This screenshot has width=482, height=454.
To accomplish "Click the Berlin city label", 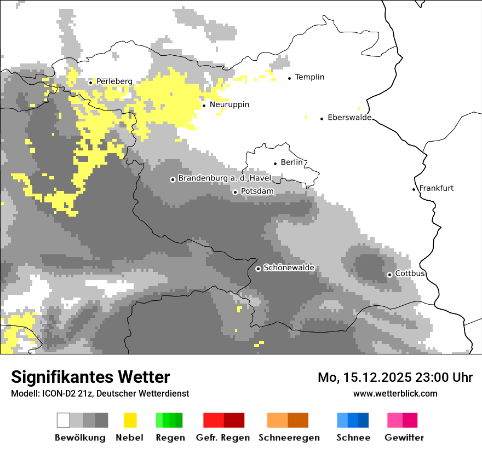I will click(x=291, y=162).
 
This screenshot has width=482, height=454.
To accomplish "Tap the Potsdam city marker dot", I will click(x=235, y=192).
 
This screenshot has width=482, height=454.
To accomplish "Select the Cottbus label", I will click(x=410, y=273).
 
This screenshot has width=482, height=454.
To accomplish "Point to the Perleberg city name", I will click(x=114, y=82).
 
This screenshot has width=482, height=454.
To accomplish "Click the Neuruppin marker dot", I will click(x=204, y=106).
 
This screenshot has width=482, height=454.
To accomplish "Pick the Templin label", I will click(x=309, y=77).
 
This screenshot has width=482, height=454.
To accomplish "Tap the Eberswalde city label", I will click(x=349, y=118).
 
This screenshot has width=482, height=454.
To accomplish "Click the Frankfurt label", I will click(x=436, y=188).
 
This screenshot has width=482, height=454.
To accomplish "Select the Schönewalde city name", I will click(x=289, y=268).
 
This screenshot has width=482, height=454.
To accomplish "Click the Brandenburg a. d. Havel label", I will click(x=225, y=178).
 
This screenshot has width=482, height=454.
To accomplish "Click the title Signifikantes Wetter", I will click(x=90, y=377).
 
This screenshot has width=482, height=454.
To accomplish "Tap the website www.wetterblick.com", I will click(x=395, y=393).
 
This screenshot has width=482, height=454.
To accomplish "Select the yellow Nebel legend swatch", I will click(x=130, y=420).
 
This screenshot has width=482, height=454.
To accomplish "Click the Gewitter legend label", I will click(x=404, y=438).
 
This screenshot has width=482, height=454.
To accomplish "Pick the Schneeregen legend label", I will click(x=289, y=438).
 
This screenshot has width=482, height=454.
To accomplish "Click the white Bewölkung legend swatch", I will click(x=64, y=420).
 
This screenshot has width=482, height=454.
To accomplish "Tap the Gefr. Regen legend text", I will click(x=222, y=438).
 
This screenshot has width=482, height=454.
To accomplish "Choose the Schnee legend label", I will click(x=353, y=438).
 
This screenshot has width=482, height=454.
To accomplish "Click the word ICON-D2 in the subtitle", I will click(x=56, y=393).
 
